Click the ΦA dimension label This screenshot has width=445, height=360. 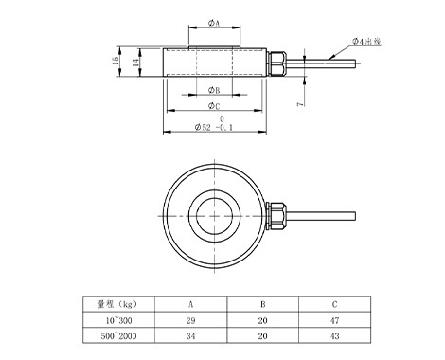point(214,23)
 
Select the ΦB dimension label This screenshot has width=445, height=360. point(214,90)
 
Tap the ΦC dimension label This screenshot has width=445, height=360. point(214,106)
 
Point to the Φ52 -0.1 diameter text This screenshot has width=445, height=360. point(214,127)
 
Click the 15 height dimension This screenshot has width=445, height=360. point(116,61)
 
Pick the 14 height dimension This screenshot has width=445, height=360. point(135,63)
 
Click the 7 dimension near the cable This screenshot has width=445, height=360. point(300,103)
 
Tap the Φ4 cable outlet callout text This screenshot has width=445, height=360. point(366,42)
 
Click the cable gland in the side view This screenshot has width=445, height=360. point(276,63)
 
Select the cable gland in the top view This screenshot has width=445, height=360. point(276,216)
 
